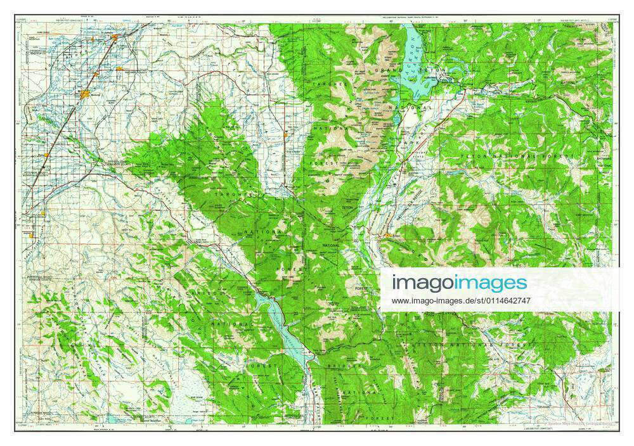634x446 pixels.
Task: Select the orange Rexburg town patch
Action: pyautogui.click(x=86, y=94)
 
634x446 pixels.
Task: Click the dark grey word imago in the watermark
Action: pyautogui.click(x=421, y=283)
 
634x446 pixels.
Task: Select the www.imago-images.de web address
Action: pyautogui.click(x=461, y=300)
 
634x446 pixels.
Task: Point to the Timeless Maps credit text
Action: pyautogui.click(x=577, y=423)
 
